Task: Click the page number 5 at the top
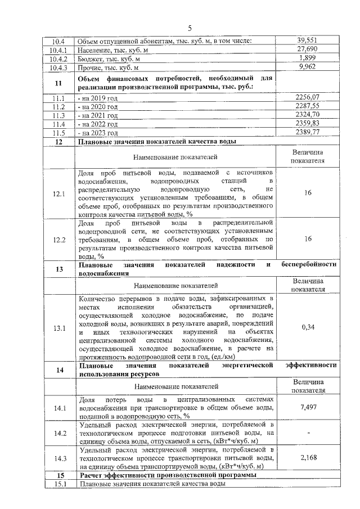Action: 190,28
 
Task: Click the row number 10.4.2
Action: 58,59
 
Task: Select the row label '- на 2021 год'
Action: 99,115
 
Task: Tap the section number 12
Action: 58,142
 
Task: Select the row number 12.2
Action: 58,240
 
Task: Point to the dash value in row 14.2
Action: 308,433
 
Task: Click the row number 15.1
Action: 58,484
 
